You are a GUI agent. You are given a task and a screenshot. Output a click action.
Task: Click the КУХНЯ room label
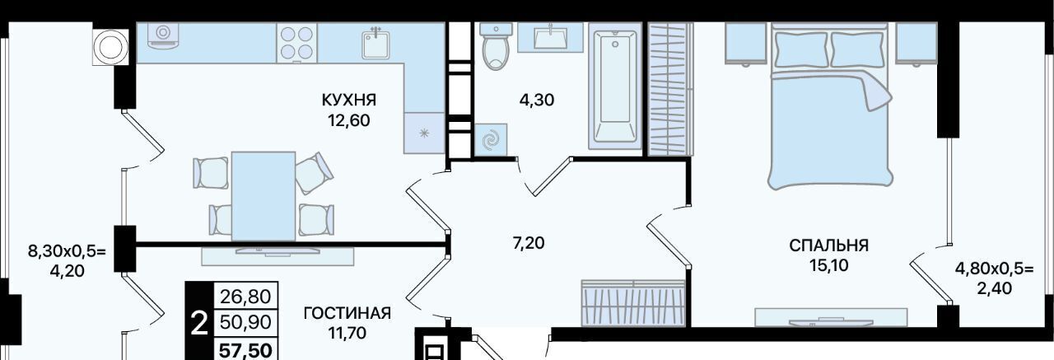[348, 101]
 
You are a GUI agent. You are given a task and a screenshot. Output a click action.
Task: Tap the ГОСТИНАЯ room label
[347, 313]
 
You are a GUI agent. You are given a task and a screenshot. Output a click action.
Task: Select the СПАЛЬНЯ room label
[828, 245]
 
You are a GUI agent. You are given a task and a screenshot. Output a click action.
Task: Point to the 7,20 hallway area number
[529, 243]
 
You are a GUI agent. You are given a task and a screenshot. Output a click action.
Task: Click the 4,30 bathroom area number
[536, 101]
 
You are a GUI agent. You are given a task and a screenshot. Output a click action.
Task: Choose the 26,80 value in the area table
[245, 297]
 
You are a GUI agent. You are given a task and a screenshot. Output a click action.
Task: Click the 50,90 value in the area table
[245, 322]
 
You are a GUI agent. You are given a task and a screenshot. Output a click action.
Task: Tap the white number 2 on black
[199, 325]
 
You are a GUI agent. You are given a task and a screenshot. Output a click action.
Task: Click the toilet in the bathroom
[493, 46]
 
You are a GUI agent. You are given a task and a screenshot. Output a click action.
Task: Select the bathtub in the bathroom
[615, 86]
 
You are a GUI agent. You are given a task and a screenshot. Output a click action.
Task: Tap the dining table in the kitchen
[263, 196]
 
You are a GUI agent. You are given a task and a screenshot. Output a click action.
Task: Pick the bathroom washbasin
[551, 38]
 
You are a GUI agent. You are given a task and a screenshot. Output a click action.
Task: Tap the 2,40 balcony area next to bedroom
[994, 288]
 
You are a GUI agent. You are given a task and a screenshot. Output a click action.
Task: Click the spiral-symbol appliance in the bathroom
[491, 140]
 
